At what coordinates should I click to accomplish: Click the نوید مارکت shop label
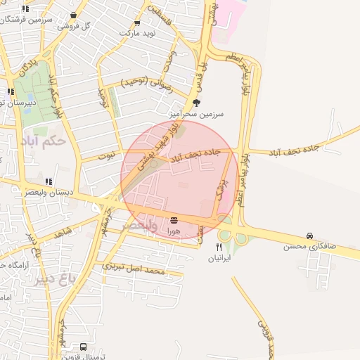(136, 33)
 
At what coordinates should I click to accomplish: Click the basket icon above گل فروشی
(75, 13)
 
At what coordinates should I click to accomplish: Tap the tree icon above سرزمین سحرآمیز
(195, 102)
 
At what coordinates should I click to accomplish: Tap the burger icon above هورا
(174, 220)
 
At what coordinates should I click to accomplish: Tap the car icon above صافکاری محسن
(309, 236)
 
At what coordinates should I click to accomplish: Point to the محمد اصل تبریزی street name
(133, 268)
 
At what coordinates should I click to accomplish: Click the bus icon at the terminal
(84, 347)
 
